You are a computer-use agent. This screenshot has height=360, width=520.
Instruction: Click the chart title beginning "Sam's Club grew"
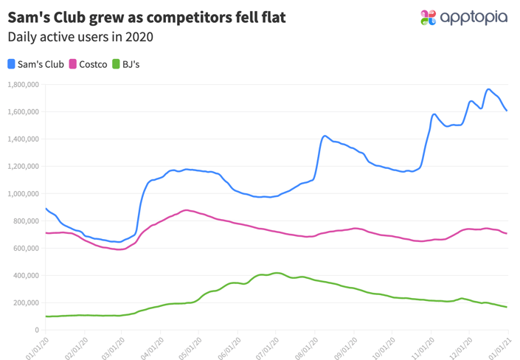tap(146, 15)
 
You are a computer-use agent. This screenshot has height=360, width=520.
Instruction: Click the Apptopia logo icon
tap(428, 18)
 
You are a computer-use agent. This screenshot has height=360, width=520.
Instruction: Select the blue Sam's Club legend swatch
tap(12, 64)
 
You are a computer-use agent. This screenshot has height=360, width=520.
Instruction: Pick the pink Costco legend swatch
tap(73, 64)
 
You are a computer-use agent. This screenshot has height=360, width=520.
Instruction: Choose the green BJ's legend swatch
tap(115, 64)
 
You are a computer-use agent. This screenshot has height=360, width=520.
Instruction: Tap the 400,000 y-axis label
tap(25, 276)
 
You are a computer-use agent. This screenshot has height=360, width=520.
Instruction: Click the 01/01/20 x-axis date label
tap(37, 345)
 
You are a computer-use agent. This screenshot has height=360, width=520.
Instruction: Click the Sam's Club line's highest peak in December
tap(488, 89)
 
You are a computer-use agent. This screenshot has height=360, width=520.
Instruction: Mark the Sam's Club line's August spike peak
tap(325, 136)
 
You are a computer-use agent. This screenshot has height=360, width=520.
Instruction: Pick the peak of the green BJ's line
tap(276, 273)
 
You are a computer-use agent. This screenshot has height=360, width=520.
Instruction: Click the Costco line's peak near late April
tap(187, 210)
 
